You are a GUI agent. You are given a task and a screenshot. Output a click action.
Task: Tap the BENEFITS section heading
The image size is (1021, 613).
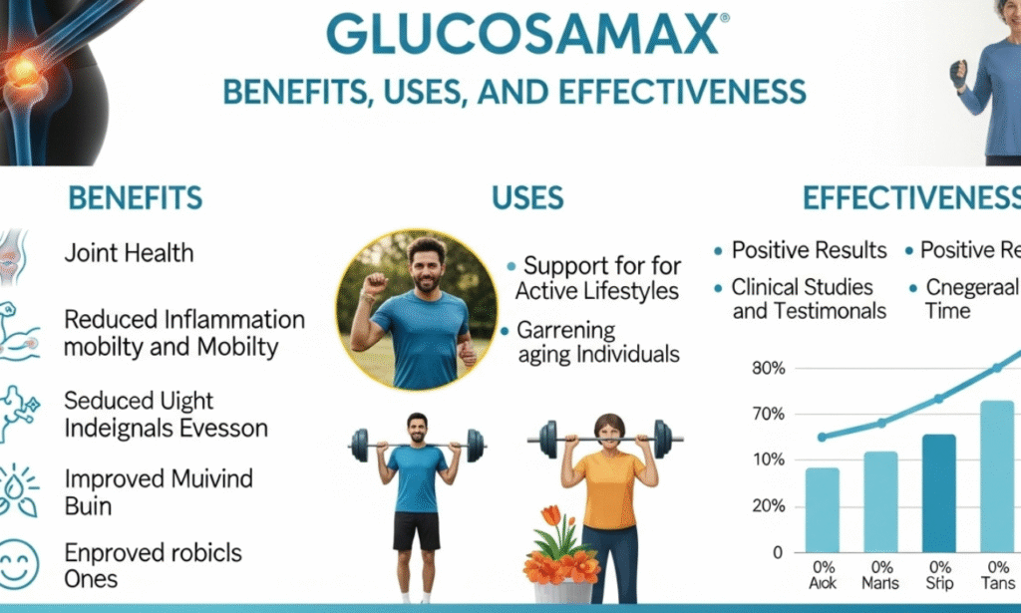[135, 197]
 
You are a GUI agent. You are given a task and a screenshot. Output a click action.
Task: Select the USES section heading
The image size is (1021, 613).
[527, 197]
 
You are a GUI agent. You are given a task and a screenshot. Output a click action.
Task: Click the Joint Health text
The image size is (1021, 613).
[129, 253]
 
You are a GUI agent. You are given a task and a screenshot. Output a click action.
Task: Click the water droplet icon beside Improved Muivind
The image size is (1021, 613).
[17, 489]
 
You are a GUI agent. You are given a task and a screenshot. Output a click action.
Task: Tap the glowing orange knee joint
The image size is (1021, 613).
[23, 68]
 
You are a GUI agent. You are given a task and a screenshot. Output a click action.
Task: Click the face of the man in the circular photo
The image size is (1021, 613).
[427, 266]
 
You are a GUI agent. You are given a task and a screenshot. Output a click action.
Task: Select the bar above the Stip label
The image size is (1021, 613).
[938, 493]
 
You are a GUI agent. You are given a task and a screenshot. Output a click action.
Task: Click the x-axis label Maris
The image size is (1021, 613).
[880, 583]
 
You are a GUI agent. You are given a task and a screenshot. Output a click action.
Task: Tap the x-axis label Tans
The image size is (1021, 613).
[996, 583]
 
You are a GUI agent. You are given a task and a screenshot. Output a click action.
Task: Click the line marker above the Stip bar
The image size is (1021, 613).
[938, 399]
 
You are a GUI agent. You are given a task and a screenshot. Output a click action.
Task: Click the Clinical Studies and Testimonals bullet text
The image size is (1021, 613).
[808, 299]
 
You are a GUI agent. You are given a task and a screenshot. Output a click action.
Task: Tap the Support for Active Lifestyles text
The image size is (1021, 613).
[598, 279]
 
